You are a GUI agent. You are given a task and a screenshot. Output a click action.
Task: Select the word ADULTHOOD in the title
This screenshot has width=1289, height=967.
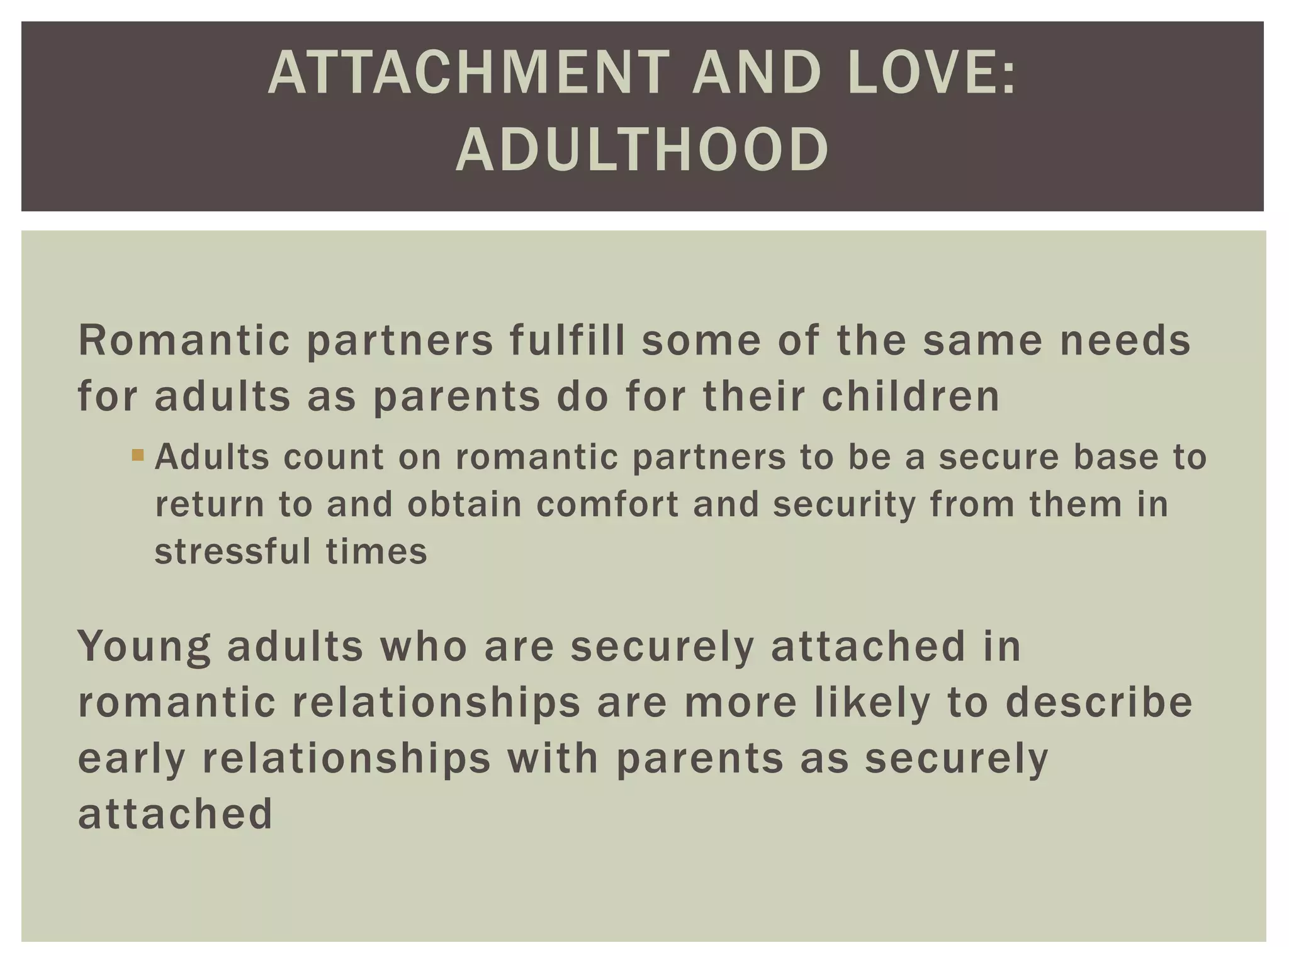643,150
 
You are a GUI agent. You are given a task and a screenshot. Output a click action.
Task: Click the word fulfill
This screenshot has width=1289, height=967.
567,341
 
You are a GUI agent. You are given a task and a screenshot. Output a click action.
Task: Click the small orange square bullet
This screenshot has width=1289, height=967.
138,454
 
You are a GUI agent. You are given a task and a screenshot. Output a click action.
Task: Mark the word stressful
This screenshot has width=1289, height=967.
233,551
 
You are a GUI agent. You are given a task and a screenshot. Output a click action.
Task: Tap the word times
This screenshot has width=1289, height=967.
376,551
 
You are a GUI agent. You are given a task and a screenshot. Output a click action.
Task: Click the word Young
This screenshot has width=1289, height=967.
144,647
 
